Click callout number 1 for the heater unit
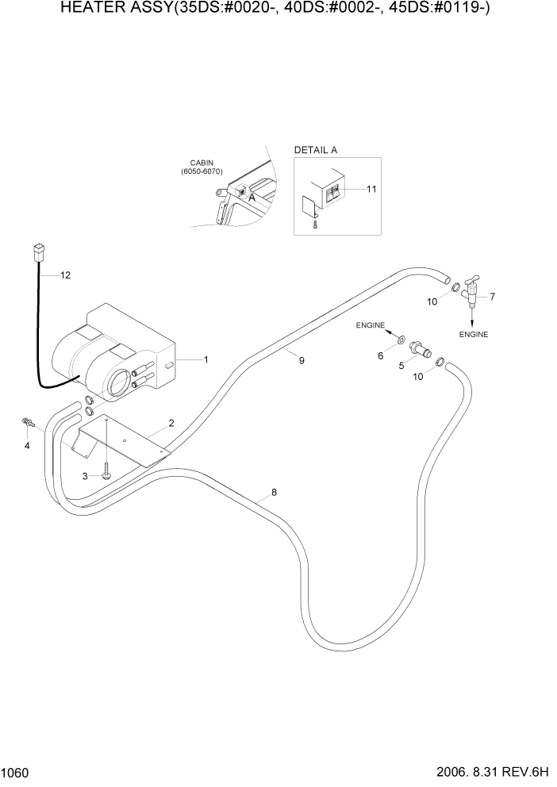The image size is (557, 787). click(206, 359)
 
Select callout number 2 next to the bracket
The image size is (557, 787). click(170, 424)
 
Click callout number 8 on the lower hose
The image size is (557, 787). click(274, 493)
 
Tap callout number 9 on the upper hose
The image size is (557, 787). click(302, 360)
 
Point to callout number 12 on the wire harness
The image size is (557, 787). click(65, 275)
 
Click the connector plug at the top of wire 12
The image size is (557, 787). click(36, 253)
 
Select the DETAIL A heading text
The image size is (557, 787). click(316, 150)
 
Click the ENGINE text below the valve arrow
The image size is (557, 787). click(473, 334)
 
